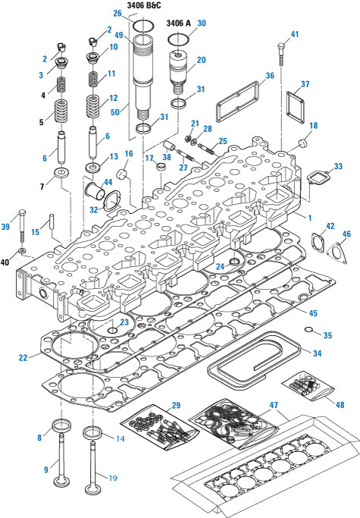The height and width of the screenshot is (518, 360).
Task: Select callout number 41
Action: tap(294, 34)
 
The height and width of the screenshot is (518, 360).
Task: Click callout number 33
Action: tap(337, 166)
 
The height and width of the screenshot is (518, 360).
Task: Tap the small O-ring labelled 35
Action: tap(310, 329)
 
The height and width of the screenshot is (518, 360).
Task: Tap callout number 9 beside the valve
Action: tap(46, 470)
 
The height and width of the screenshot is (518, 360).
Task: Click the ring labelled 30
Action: tap(179, 38)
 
